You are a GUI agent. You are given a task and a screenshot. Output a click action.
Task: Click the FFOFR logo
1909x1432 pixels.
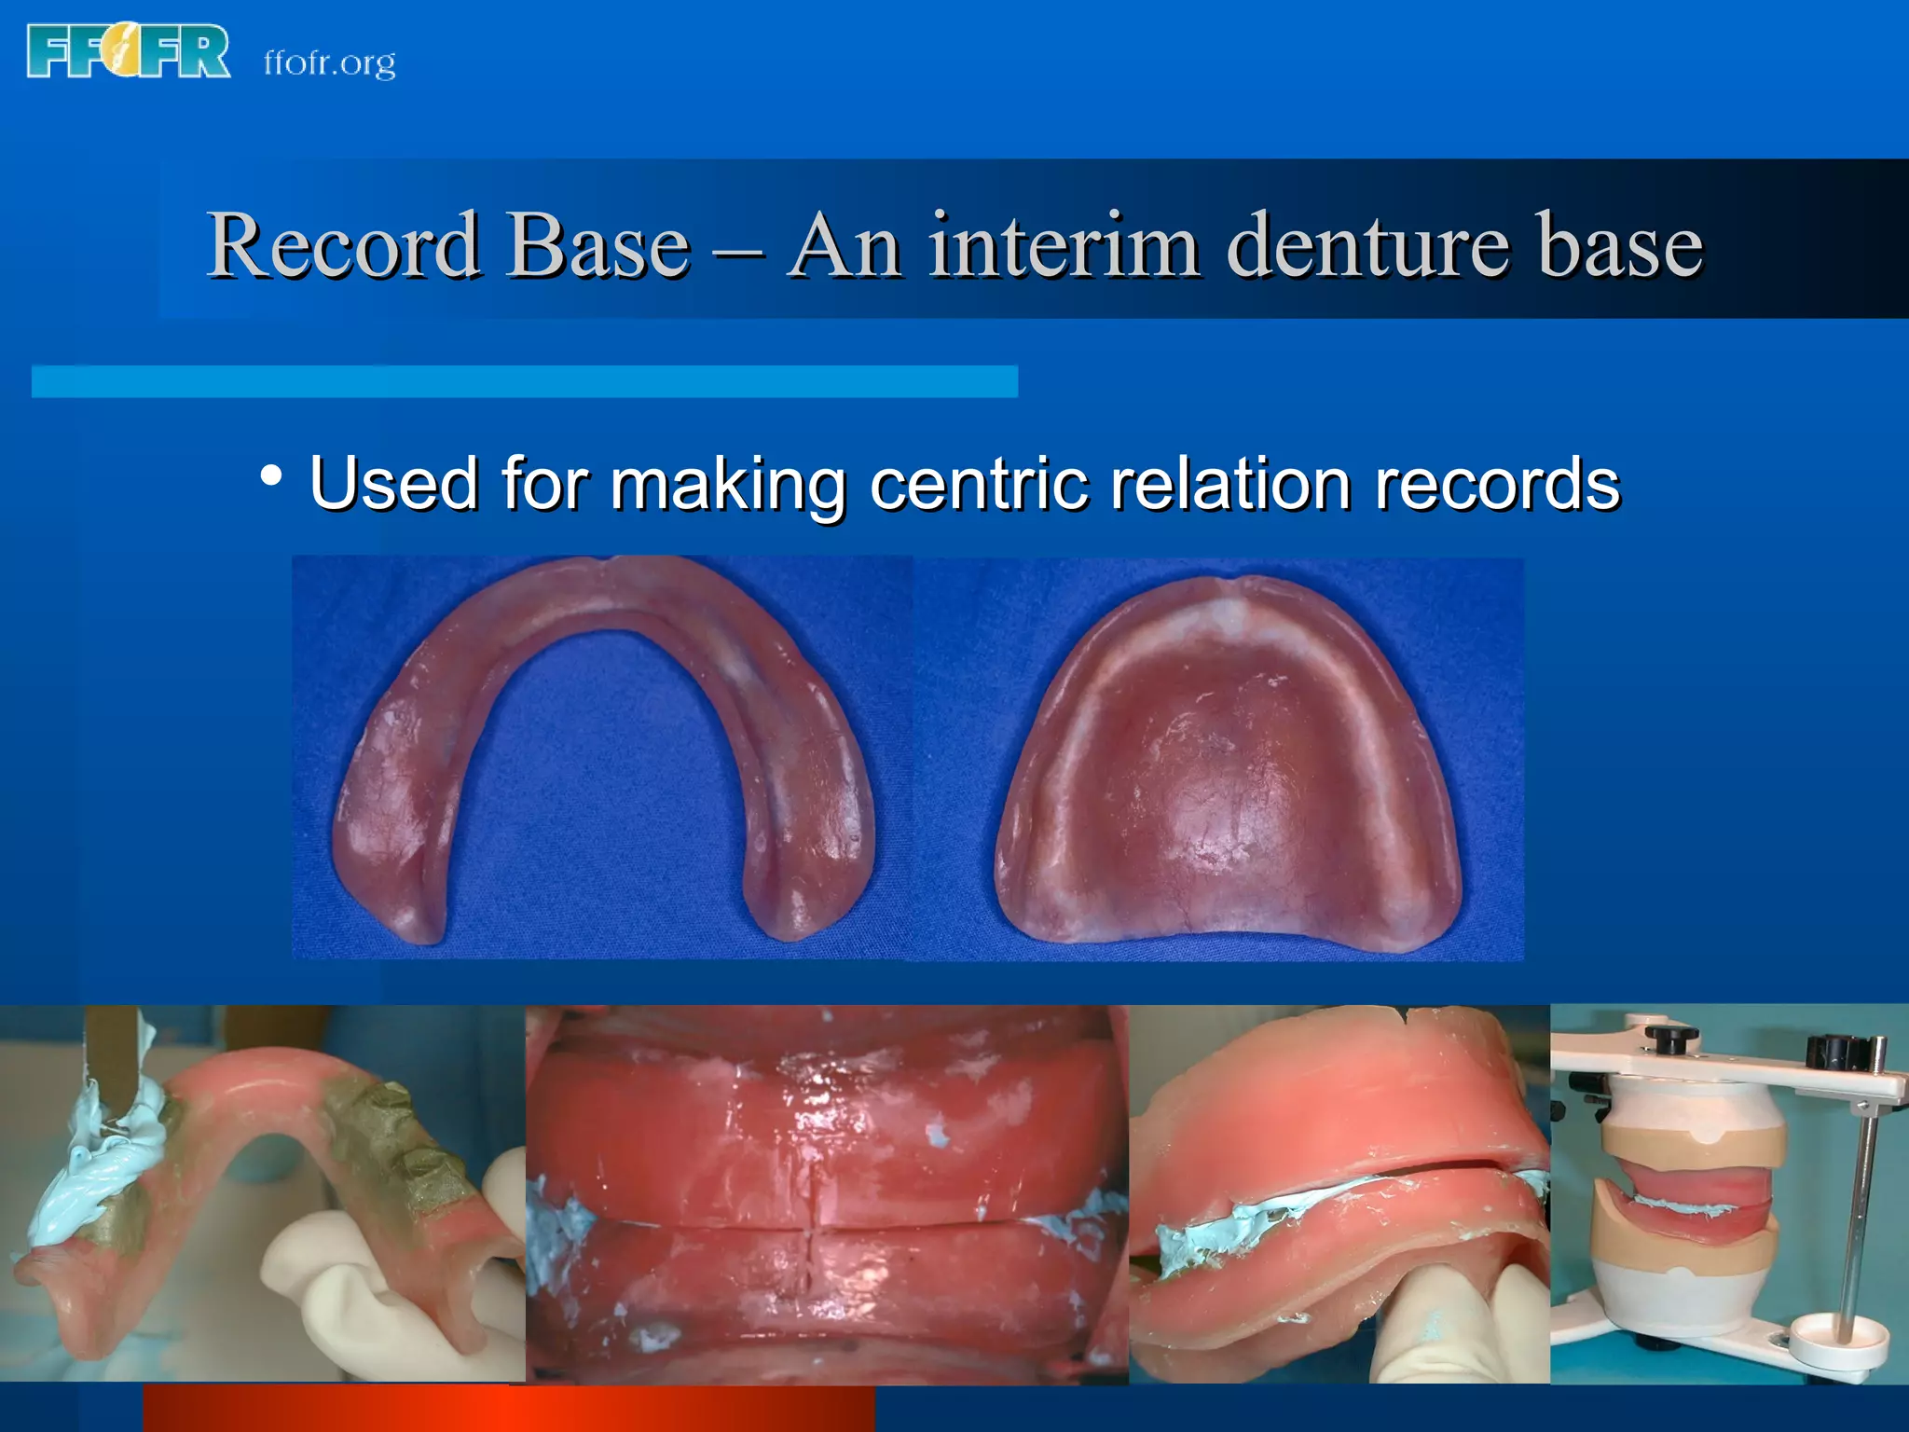[129, 52]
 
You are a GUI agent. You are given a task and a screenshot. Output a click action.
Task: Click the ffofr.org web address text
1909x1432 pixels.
[329, 62]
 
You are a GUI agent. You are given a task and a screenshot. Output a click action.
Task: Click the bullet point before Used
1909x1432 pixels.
[271, 476]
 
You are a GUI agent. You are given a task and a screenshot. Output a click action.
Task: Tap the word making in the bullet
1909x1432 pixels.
[728, 485]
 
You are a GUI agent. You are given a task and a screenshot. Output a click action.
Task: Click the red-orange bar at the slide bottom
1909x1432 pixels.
[508, 1408]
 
